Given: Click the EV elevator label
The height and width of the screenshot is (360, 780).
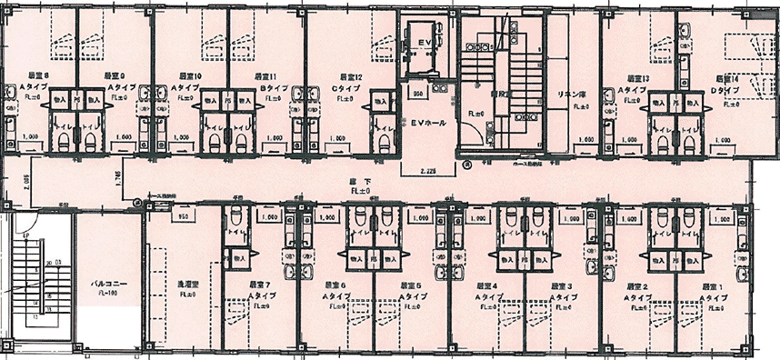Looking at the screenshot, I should tap(424, 44).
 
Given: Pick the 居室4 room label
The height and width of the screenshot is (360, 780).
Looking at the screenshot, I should tap(487, 285).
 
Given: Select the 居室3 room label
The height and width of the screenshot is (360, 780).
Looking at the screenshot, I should tap(561, 285).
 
